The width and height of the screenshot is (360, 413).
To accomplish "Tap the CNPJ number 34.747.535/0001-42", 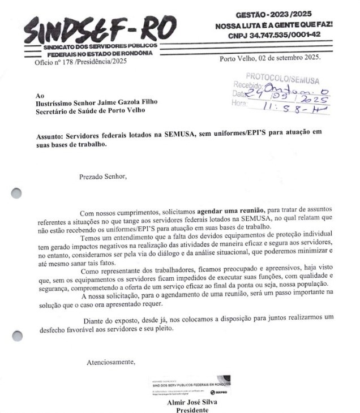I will [275, 35].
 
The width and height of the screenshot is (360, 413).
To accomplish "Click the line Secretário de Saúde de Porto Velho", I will [89, 110].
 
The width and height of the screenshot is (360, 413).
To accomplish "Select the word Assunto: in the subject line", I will [48, 136].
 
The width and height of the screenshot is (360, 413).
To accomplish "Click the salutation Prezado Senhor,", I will [103, 176].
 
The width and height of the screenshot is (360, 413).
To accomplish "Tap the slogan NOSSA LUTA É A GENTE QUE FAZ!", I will [274, 25].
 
